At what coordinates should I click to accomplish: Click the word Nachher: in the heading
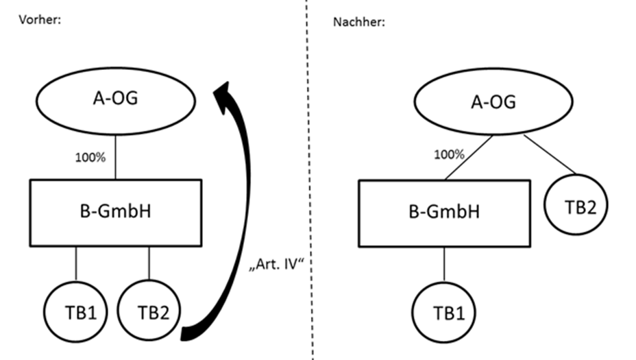pos(359,21)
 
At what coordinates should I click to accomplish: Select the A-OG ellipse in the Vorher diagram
pos(115,99)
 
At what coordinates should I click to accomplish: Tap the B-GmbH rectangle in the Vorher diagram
pos(115,211)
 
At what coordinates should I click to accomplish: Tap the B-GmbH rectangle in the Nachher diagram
pos(444,213)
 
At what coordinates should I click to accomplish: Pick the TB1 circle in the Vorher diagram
pos(76,313)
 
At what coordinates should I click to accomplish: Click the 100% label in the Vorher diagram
pos(90,158)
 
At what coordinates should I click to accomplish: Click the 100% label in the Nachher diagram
pos(449,156)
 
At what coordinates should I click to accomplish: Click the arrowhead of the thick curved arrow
pos(225,96)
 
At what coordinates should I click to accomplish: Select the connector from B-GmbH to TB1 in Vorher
pos(76,263)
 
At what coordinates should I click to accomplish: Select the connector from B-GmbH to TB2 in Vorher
pos(149,263)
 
